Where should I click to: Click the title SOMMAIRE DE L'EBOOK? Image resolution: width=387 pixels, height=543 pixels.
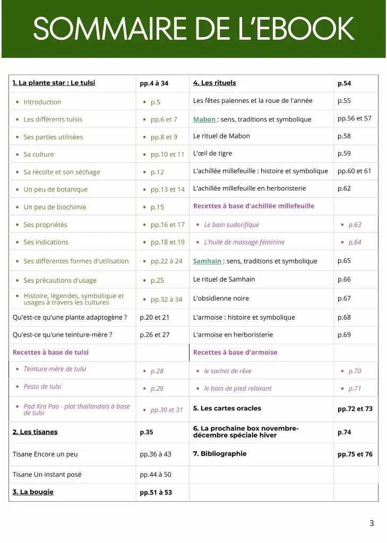click(193, 29)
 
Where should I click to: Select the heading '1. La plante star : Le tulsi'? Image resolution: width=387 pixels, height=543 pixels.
click(54, 83)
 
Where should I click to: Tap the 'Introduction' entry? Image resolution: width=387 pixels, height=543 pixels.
click(42, 102)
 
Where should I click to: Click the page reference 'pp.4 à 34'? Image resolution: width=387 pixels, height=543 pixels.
click(154, 83)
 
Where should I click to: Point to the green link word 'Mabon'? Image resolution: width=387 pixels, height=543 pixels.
click(204, 119)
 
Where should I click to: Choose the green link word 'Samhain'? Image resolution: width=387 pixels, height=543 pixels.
click(207, 261)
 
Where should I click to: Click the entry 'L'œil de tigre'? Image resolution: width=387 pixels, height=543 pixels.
click(212, 153)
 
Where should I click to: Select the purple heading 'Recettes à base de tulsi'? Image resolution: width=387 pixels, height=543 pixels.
click(50, 352)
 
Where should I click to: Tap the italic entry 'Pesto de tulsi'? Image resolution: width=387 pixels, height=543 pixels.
click(42, 387)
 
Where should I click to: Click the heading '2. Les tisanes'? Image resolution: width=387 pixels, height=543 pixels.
click(35, 432)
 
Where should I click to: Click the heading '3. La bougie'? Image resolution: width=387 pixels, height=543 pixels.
click(33, 492)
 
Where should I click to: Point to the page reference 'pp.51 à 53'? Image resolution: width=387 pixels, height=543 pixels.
click(156, 493)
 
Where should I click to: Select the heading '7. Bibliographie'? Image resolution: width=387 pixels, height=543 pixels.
click(220, 453)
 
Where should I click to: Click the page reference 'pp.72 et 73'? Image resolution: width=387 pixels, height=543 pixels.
click(355, 409)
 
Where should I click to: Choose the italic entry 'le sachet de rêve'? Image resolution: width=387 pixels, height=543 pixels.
click(227, 371)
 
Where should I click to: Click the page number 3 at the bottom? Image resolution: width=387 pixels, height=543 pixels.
click(372, 523)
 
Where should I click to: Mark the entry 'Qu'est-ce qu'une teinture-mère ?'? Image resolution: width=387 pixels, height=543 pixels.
click(62, 335)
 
